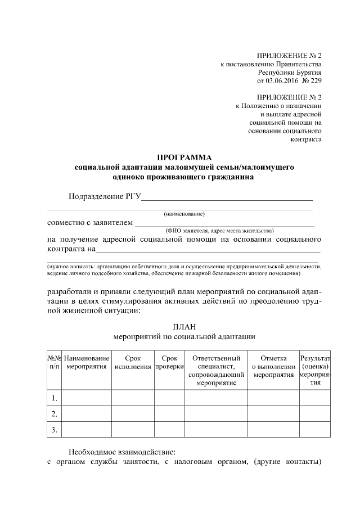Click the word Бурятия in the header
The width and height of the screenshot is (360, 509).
[309, 72]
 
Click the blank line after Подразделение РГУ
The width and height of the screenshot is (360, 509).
[228, 197]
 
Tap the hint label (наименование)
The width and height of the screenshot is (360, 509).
[184, 214]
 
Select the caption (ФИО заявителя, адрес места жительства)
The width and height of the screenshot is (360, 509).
[219, 231]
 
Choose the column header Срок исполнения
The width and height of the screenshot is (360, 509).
[133, 362]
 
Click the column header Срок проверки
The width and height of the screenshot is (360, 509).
[169, 362]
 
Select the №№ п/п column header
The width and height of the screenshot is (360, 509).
[54, 362]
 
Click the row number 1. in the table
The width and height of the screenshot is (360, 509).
[54, 398]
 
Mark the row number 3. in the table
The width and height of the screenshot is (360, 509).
[54, 430]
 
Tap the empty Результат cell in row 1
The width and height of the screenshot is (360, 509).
[314, 398]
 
